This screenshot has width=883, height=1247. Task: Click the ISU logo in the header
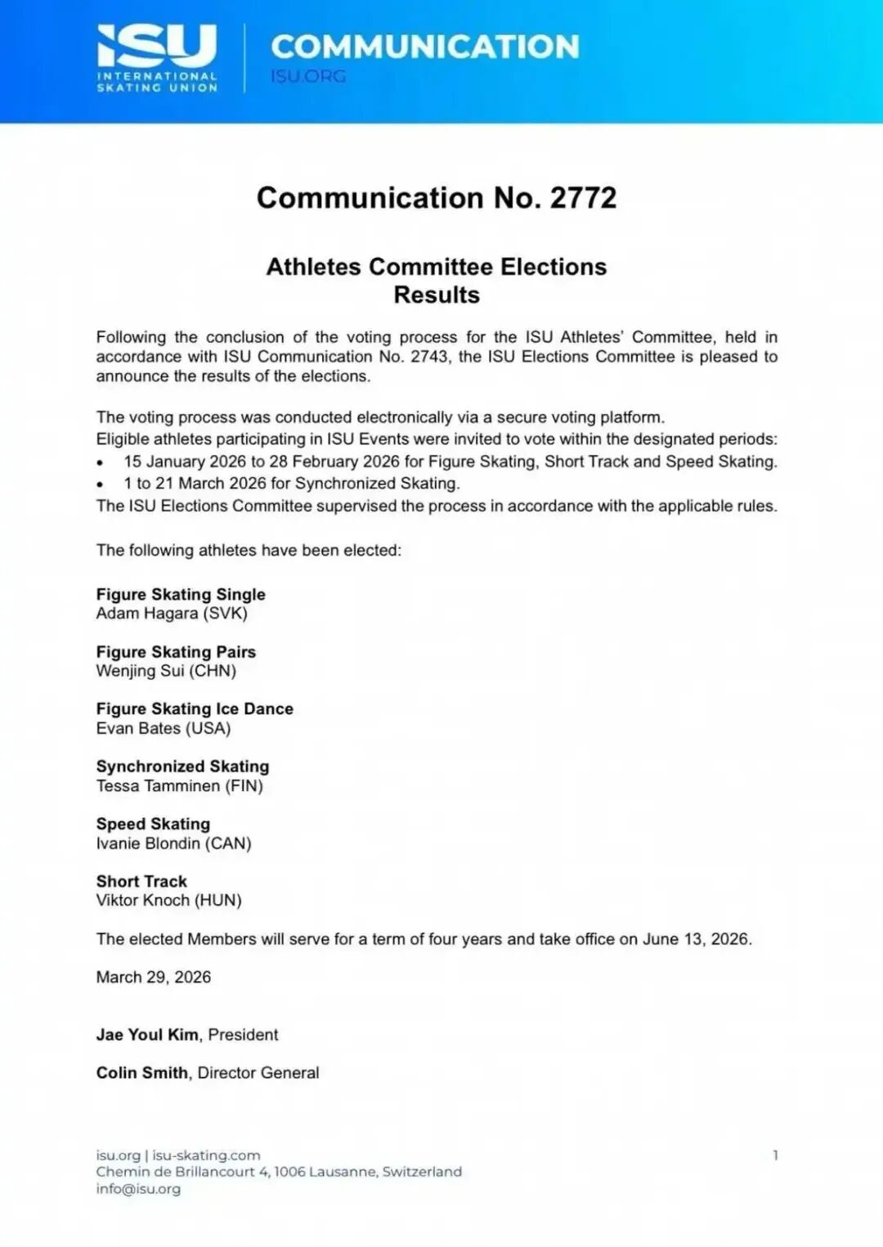(157, 57)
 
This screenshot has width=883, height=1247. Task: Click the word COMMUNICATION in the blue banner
(424, 47)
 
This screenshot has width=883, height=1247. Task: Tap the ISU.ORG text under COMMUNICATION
(308, 76)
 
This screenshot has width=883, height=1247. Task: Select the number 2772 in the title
(583, 198)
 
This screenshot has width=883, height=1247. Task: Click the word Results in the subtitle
(437, 295)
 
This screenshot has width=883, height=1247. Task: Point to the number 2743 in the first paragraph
(429, 357)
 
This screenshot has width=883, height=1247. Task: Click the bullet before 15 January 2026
(100, 462)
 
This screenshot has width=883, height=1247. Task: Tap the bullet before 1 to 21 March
(100, 484)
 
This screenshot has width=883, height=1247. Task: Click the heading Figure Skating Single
(181, 594)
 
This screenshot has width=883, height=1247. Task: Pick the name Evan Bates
(138, 728)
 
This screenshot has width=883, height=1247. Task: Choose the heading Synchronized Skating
(182, 767)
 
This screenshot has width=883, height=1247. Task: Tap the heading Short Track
(141, 881)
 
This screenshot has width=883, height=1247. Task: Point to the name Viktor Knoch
(143, 901)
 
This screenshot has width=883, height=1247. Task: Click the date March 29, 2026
(154, 977)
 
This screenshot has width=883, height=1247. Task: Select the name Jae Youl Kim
(147, 1034)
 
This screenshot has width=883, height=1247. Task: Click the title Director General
(258, 1073)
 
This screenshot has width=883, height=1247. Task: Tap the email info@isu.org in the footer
(138, 1189)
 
